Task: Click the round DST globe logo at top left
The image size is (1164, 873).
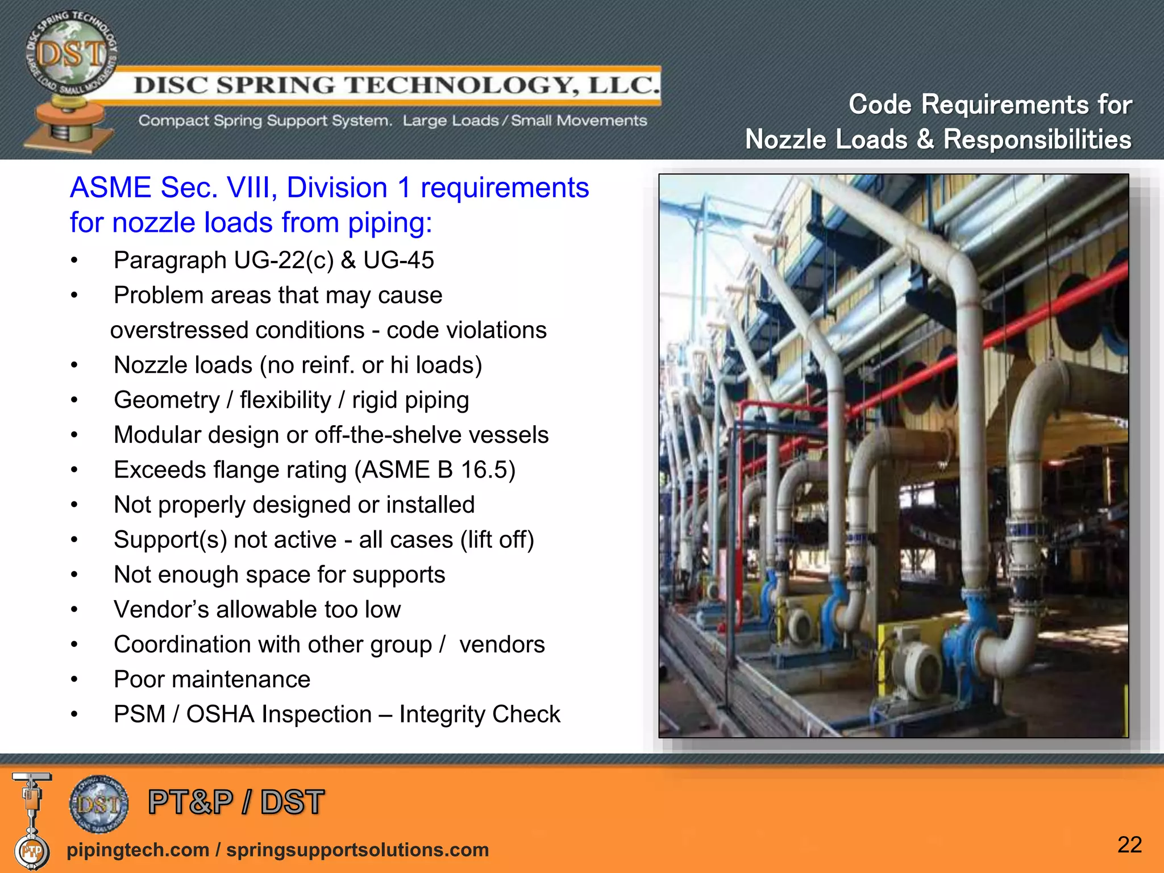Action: coord(71,57)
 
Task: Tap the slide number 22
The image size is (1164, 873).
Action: coord(1129,845)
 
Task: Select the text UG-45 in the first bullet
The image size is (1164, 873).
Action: coord(398,260)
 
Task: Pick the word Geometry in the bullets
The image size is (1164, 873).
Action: coord(167,400)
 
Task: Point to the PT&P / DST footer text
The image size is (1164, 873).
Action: coord(236,802)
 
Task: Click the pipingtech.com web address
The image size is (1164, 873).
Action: coord(138,850)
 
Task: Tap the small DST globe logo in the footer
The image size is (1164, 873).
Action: coord(99,804)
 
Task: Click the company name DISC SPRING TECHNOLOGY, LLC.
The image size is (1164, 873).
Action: coord(397,85)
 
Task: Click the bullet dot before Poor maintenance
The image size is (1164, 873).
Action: coord(74,680)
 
